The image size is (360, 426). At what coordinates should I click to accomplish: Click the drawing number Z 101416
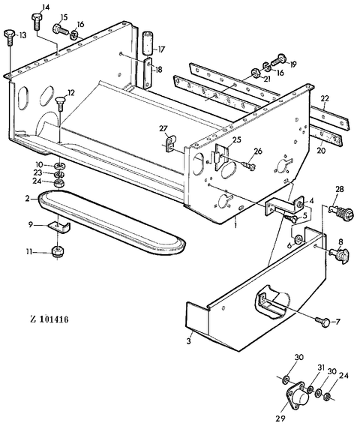[49, 319]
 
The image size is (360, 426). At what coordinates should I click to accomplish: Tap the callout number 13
[22, 35]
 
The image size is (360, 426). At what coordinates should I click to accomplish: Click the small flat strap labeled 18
[148, 73]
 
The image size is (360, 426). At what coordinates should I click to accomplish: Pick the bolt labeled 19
[277, 60]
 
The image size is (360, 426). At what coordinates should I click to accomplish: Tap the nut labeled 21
[255, 73]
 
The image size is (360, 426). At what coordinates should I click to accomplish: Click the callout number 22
[324, 98]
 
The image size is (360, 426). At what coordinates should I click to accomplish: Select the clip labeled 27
[171, 143]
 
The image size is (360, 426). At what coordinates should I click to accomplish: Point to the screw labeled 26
[248, 164]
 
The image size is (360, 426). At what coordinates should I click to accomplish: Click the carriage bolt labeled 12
[60, 103]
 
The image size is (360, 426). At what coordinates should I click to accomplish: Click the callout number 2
[28, 199]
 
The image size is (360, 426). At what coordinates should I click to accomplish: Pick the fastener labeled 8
[339, 255]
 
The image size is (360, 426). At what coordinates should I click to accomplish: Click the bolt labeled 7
[322, 322]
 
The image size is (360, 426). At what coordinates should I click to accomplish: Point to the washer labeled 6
[298, 240]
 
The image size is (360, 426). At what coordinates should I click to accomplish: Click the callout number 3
[189, 340]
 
